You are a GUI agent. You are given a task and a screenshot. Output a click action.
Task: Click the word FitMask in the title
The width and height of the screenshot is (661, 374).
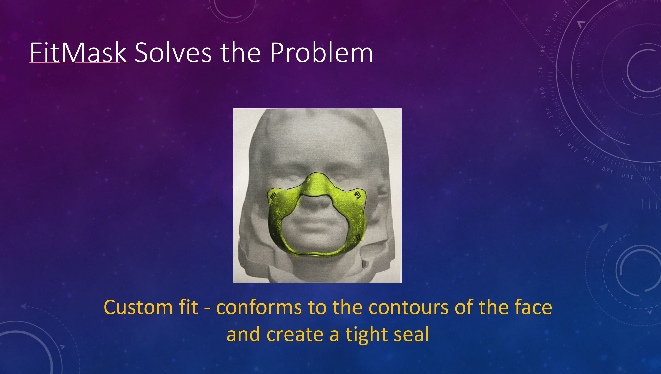coord(78,53)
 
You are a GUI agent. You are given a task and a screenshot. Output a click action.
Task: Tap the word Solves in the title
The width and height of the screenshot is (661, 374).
coord(173,53)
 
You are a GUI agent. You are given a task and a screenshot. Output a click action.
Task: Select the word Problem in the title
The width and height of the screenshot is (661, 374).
coord(321,53)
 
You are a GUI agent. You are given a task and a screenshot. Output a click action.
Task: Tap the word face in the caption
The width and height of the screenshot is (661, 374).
coord(533,307)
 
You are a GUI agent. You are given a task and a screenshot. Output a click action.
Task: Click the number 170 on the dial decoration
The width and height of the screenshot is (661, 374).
coord(541,72)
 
